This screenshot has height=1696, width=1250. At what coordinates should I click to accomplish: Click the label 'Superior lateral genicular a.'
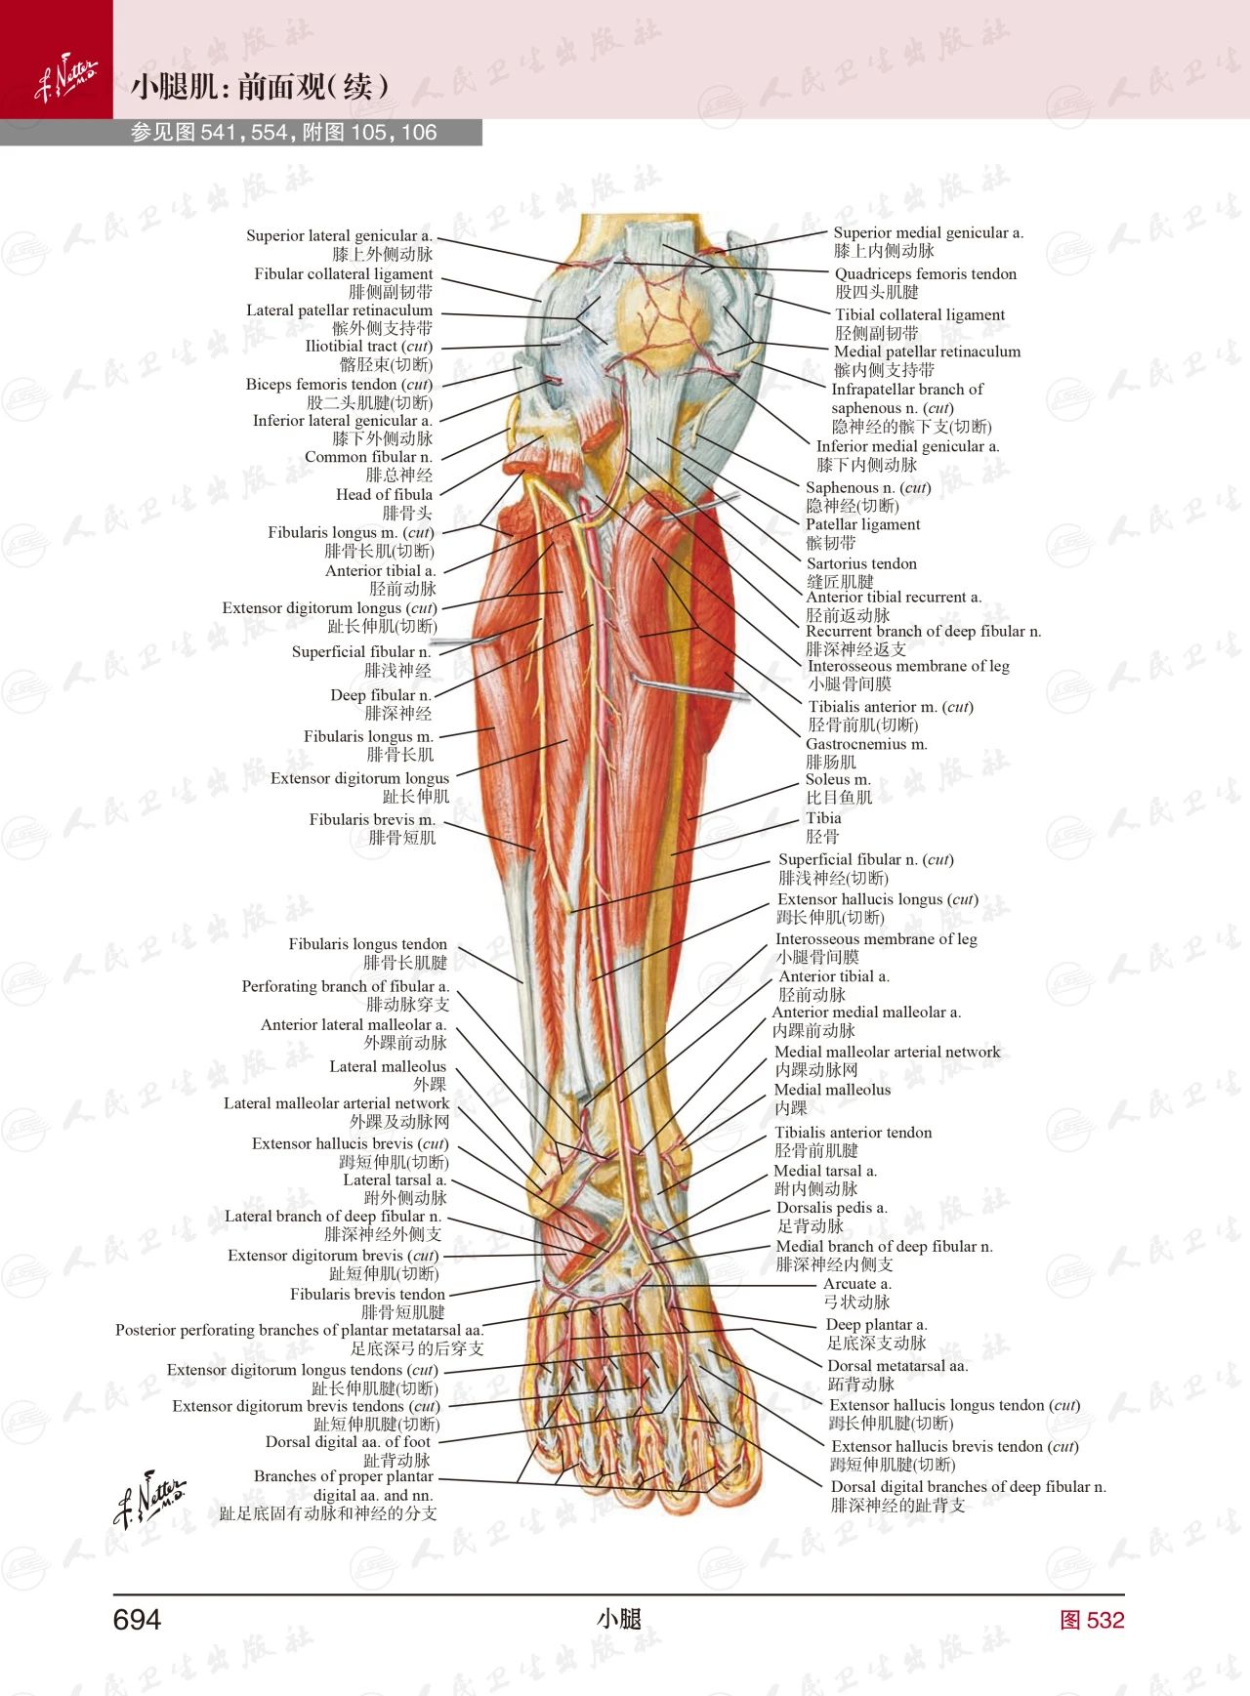(339, 235)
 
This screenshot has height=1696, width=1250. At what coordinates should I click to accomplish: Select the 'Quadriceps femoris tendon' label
(925, 274)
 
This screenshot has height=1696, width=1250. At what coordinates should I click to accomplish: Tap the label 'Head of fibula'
(384, 494)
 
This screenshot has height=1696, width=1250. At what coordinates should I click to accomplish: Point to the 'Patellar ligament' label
(862, 524)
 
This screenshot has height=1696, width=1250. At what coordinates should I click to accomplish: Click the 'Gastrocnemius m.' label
(866, 744)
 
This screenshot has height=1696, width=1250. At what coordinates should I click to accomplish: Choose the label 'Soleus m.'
(837, 779)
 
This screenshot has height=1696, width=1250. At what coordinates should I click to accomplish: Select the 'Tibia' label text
(823, 818)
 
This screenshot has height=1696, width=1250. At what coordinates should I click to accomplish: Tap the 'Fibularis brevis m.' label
(372, 820)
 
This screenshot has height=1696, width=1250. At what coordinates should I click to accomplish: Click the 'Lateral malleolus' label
(387, 1066)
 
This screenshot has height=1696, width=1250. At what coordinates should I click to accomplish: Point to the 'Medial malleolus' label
(832, 1090)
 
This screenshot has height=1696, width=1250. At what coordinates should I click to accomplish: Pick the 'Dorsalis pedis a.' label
(831, 1208)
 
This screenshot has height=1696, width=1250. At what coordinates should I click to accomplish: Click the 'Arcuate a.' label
(856, 1284)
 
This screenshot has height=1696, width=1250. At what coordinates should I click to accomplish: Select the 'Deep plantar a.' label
(876, 1325)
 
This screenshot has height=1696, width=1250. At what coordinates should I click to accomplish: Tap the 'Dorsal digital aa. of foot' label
(348, 1442)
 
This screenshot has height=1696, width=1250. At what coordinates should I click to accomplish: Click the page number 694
(137, 1620)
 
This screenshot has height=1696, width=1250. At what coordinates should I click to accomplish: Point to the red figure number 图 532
(1092, 1620)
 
